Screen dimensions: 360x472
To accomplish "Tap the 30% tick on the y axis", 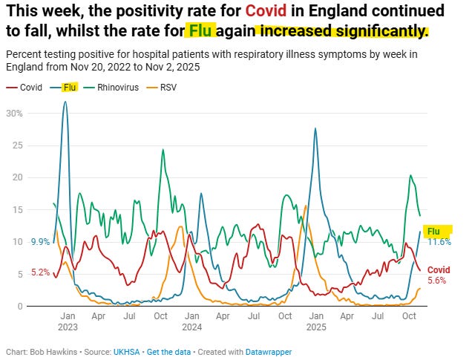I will click(x=14, y=114).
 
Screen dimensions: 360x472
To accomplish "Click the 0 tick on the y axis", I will click(x=19, y=306).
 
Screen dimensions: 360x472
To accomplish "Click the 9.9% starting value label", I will click(x=40, y=242).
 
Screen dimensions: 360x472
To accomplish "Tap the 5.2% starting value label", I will click(x=40, y=272).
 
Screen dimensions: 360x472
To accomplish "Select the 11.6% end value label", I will click(x=439, y=242).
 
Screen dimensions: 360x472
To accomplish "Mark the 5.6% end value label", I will click(x=438, y=281).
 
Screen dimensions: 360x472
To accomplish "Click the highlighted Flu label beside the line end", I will click(x=433, y=232).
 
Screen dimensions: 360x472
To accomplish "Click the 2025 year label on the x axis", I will click(x=315, y=327).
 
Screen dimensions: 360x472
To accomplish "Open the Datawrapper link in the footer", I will click(x=268, y=352).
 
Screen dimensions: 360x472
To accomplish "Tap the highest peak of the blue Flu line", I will click(x=65, y=102).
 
